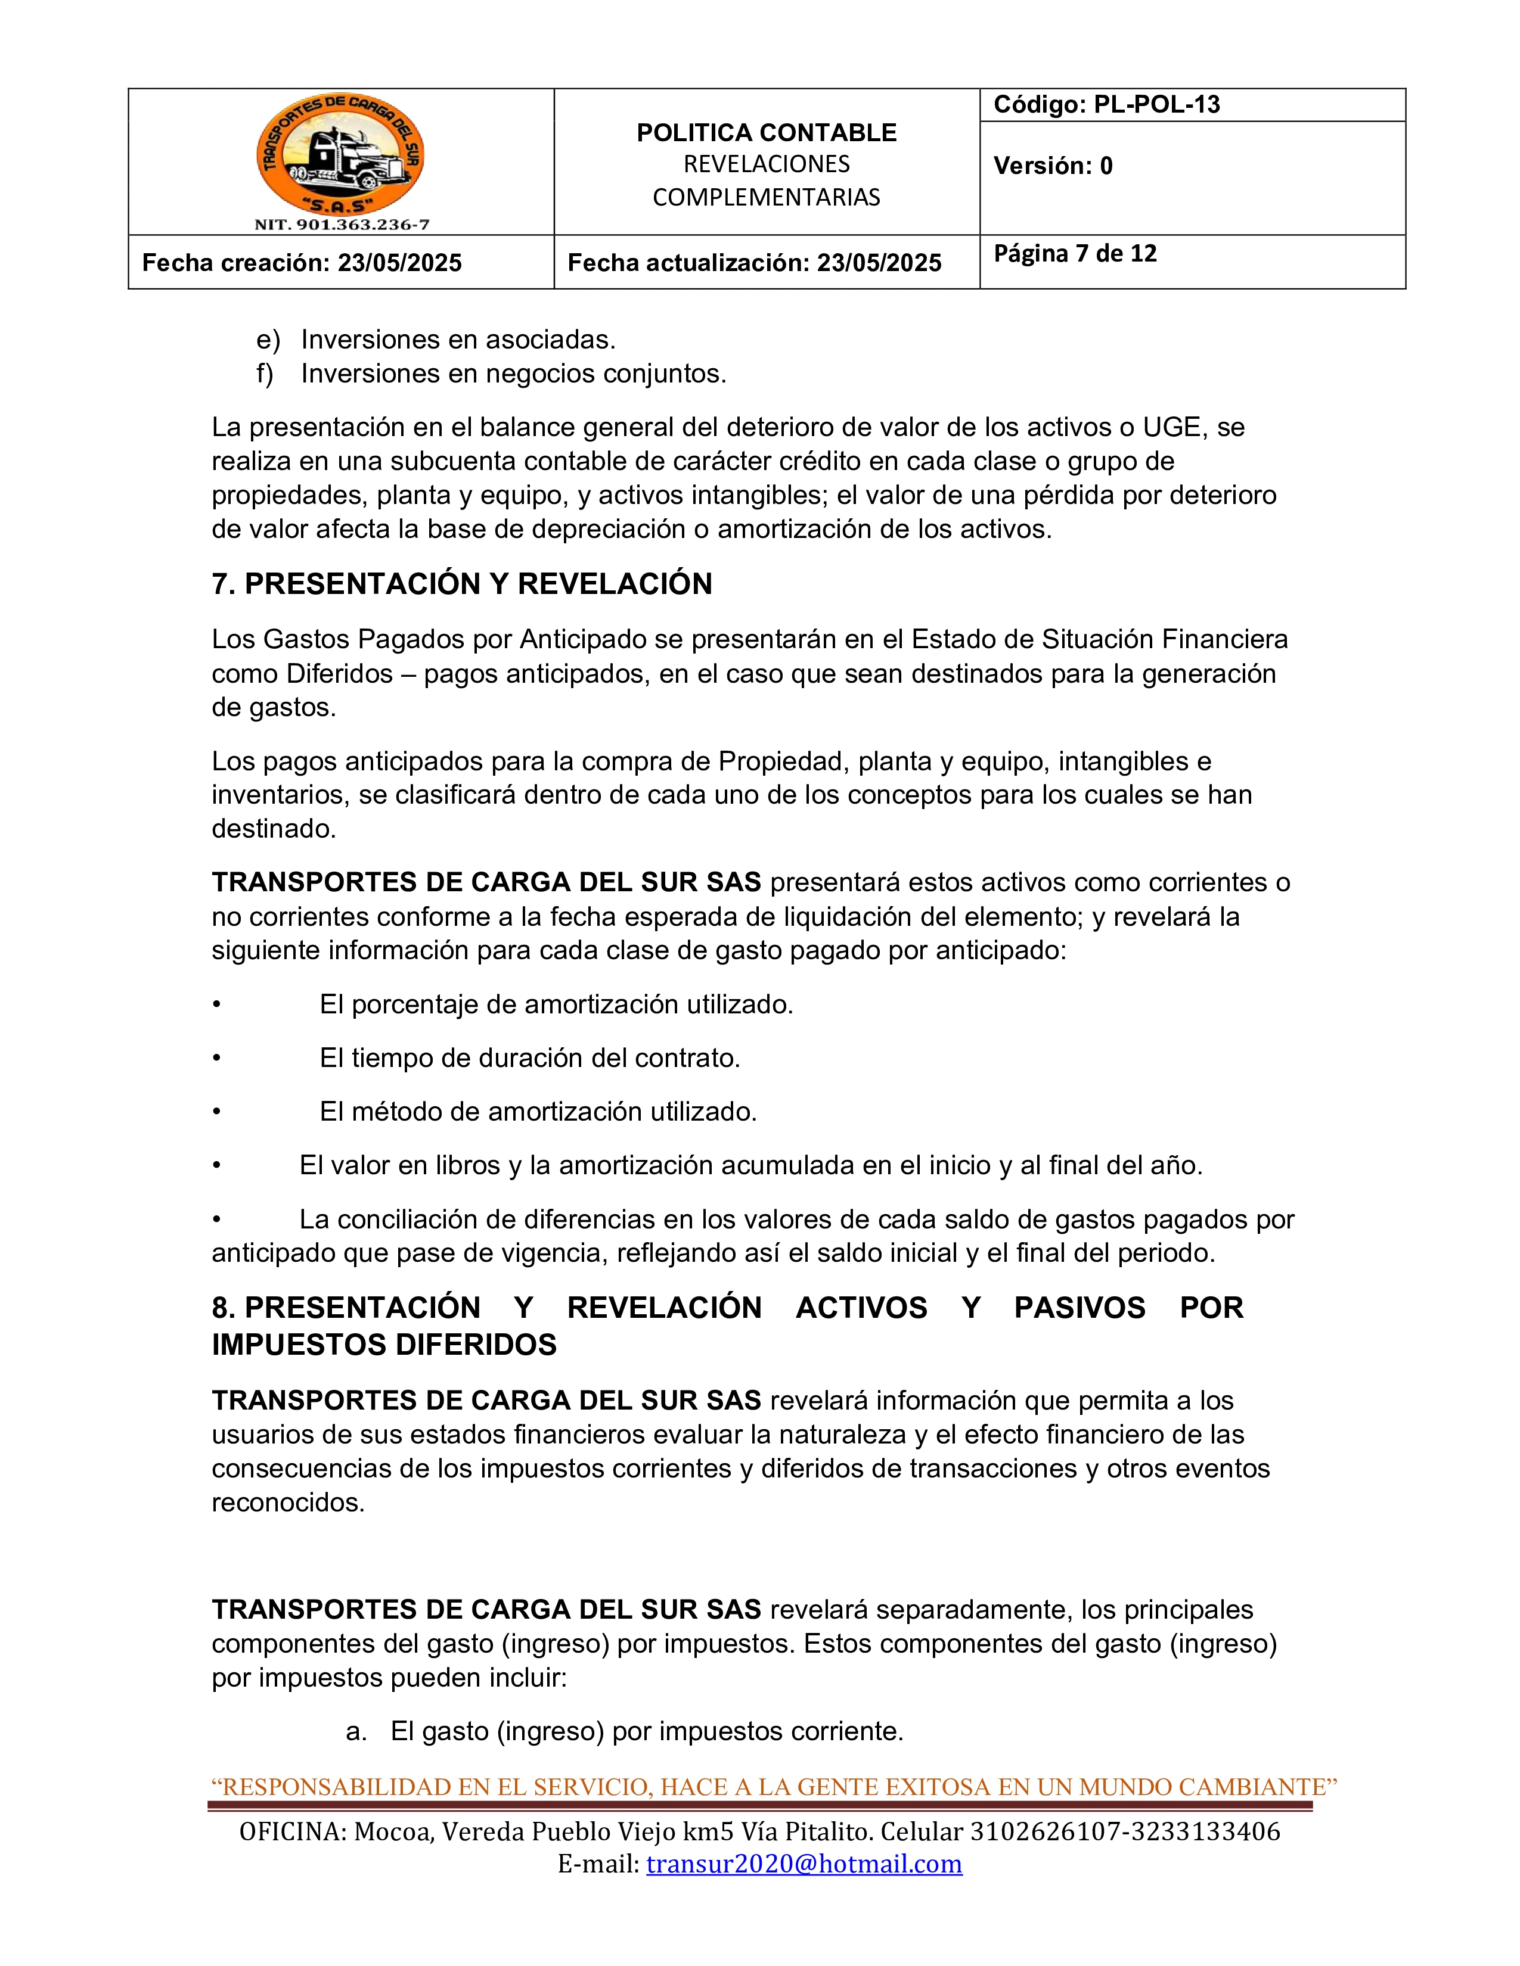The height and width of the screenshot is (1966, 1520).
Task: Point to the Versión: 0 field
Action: tap(1053, 166)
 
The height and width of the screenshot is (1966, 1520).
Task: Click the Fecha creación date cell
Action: tap(302, 263)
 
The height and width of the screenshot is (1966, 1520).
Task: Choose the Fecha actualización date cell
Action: tap(753, 263)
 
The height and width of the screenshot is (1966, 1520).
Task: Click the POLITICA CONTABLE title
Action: tap(767, 132)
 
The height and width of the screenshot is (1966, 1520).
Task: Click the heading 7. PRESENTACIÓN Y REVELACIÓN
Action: tap(462, 584)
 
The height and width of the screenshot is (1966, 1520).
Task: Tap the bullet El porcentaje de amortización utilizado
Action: tap(556, 1004)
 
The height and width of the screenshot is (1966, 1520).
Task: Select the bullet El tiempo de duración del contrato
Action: tap(529, 1057)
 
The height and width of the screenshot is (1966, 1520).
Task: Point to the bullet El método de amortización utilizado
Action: tap(538, 1112)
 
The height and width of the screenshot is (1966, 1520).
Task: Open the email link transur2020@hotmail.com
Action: tap(804, 1864)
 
